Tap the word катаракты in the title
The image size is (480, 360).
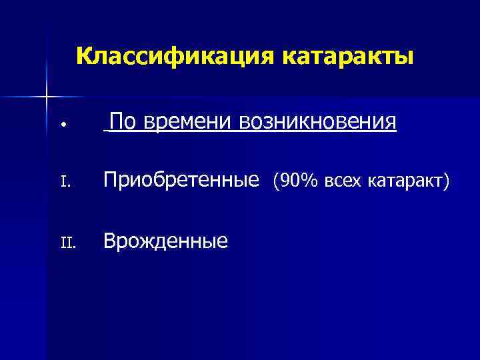coord(349,56)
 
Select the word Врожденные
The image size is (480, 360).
coord(165,241)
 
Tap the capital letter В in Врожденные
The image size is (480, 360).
coord(109,240)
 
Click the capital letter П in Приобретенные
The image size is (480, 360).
coord(110,180)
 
